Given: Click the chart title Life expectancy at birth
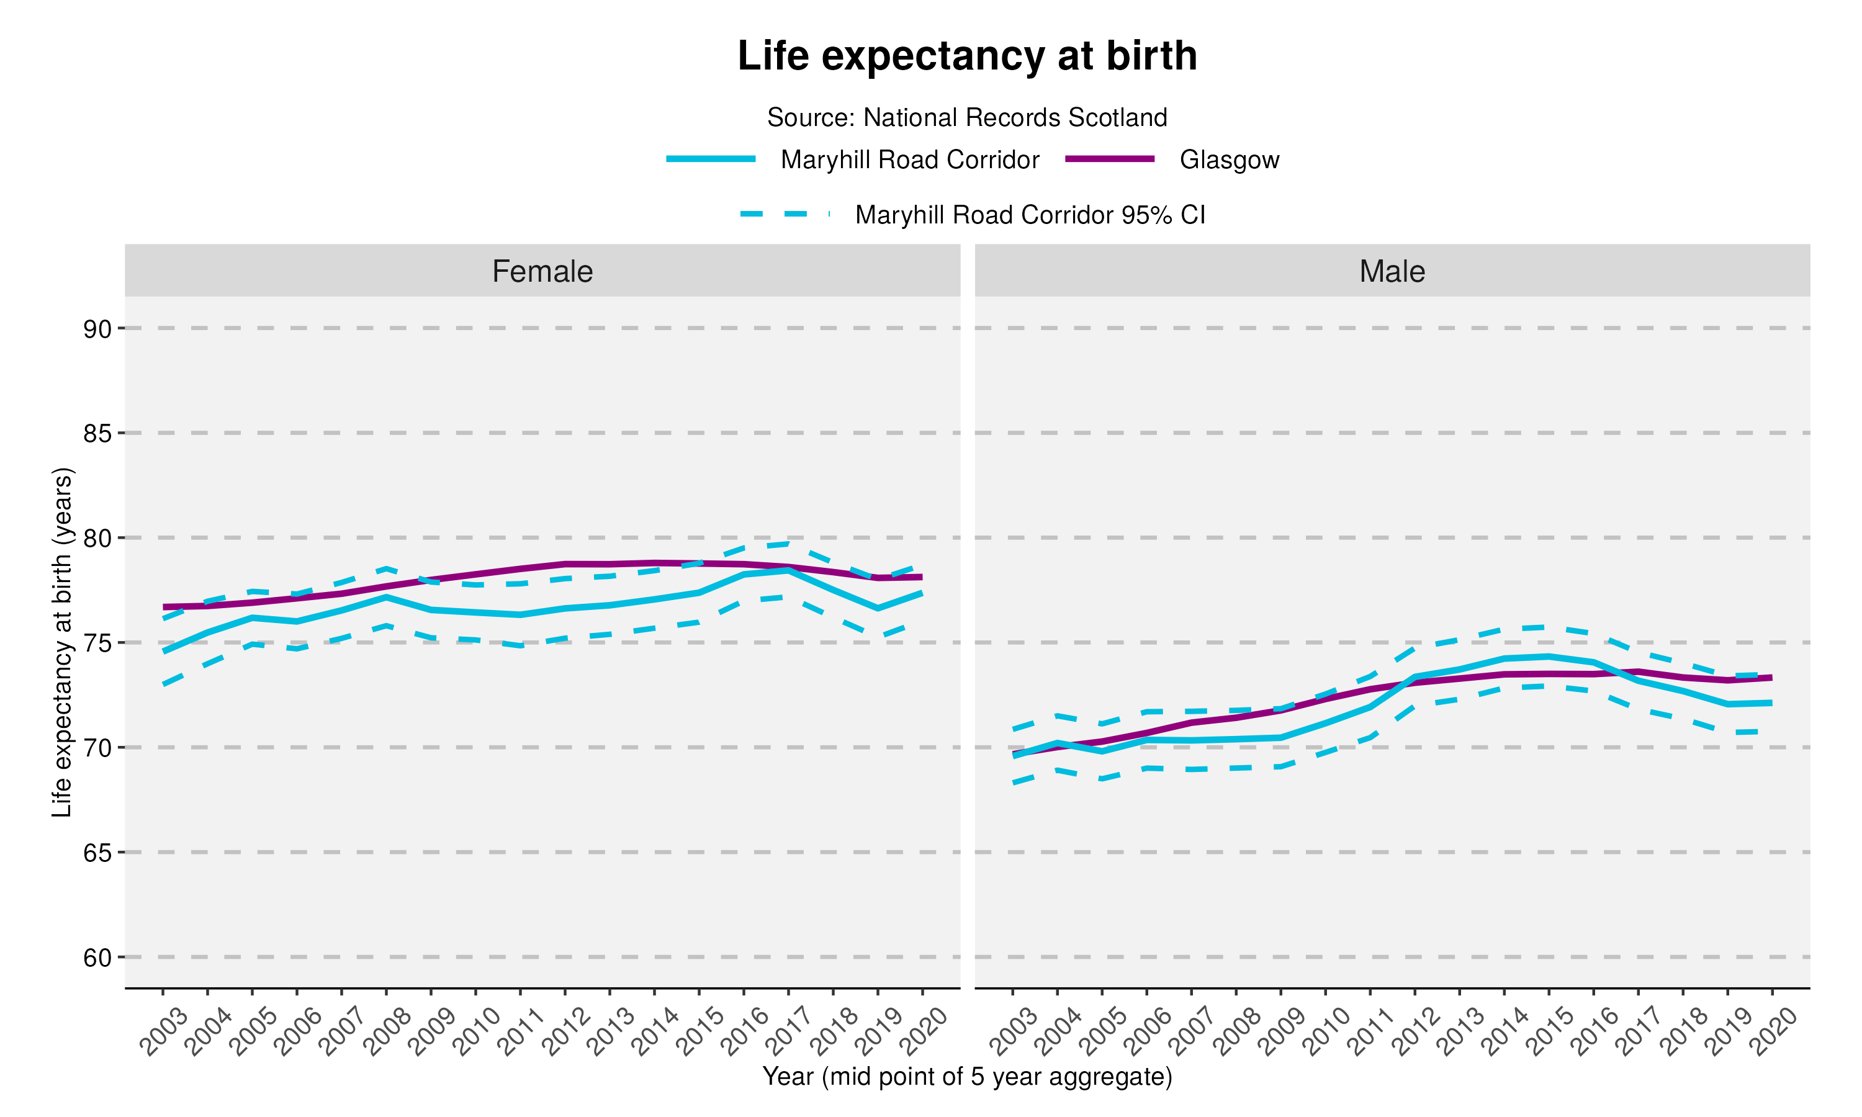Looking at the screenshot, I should click(x=967, y=56).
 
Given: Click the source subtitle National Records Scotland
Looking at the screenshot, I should click(x=967, y=117).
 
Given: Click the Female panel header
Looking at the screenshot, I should click(x=542, y=271).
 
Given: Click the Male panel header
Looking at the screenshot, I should click(x=1392, y=271).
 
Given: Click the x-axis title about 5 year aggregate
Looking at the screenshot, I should click(x=967, y=1077).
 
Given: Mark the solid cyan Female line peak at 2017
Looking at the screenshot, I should click(x=788, y=570).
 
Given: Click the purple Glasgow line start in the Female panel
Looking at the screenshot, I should click(x=164, y=607).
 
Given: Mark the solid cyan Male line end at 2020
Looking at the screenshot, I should click(x=1771, y=702).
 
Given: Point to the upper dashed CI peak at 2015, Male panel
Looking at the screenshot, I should click(x=1548, y=626).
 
